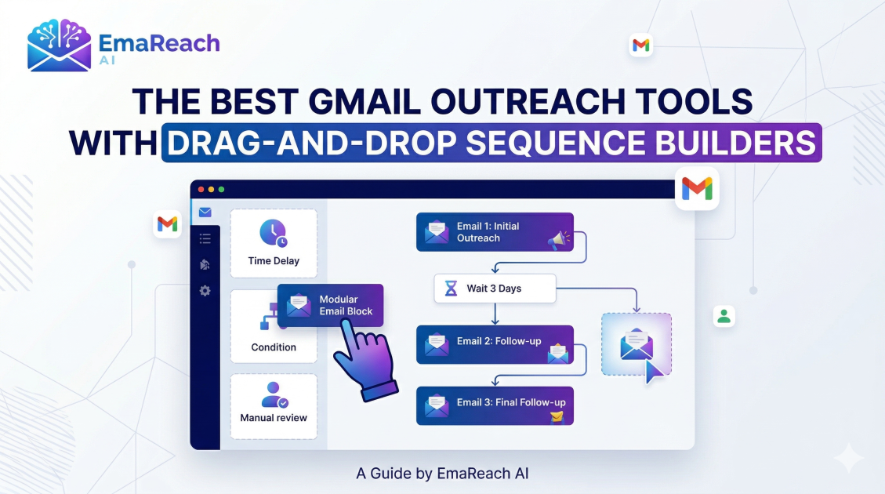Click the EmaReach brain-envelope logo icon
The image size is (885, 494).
click(60, 45)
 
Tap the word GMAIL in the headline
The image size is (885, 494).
click(364, 102)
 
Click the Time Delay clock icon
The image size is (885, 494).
click(274, 233)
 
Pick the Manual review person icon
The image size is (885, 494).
click(274, 394)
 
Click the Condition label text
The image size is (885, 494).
click(274, 347)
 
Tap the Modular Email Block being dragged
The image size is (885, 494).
click(330, 306)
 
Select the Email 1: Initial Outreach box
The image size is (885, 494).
click(495, 232)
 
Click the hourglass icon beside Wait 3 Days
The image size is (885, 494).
click(451, 289)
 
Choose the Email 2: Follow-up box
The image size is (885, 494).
click(495, 344)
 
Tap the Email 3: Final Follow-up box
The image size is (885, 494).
click(495, 406)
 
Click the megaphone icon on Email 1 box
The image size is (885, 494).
click(557, 241)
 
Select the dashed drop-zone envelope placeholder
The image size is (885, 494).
click(637, 344)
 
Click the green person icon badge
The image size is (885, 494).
click(724, 316)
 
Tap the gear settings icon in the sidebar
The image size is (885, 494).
click(205, 291)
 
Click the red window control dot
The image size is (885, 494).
click(201, 190)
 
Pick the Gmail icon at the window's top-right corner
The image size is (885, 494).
click(697, 188)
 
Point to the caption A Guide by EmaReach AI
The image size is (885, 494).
click(442, 473)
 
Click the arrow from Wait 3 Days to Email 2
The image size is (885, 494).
click(495, 314)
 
